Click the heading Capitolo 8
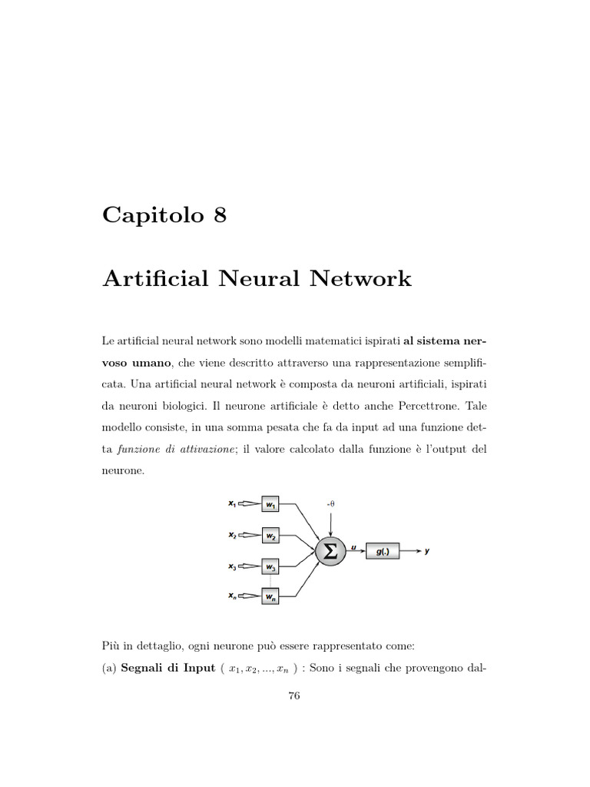pos(164,216)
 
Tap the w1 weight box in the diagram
pos(271,504)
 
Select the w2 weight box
pos(271,535)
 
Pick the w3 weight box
pos(271,566)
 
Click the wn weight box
pos(271,596)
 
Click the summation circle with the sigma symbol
pos(330,551)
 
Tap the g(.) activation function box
pos(383,551)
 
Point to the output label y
pos(427,551)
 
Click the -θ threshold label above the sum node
pos(330,503)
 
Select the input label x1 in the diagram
pos(232,504)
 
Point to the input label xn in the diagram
pos(232,596)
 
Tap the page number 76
pos(293,696)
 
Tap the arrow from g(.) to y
pos(410,551)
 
